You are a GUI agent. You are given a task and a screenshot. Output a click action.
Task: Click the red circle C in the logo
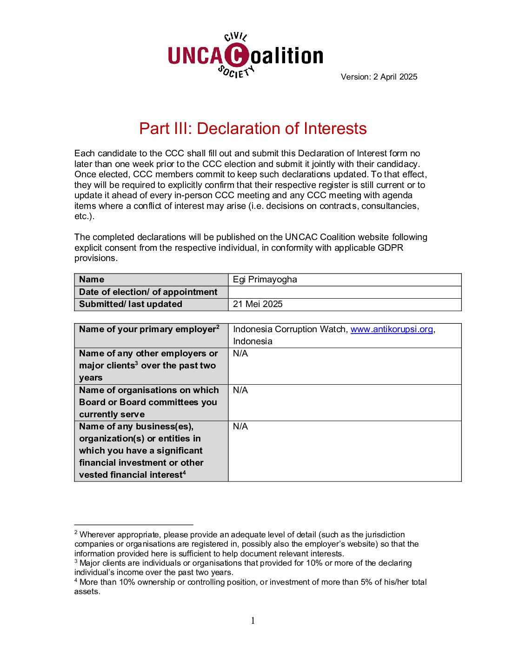coord(237,55)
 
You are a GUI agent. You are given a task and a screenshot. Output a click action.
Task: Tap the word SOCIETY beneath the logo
coord(236,72)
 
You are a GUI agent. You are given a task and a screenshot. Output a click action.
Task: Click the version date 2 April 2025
coord(395,77)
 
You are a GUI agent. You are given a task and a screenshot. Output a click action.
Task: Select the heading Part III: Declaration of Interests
coord(253,129)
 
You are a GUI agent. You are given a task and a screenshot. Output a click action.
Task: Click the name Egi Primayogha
coord(265,280)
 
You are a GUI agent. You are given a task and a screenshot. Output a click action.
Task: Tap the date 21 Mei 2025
coord(258,304)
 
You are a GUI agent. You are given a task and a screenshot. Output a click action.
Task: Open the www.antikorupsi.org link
coord(392,329)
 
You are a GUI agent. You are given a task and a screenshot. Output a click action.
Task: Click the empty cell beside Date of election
coord(344,292)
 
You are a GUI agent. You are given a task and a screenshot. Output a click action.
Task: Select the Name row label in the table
coord(92,280)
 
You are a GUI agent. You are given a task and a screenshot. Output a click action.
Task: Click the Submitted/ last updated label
coord(131,304)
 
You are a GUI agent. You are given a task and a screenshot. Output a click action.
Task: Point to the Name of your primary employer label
coord(147,329)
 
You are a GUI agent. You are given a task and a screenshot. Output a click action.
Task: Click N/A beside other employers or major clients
coord(240,354)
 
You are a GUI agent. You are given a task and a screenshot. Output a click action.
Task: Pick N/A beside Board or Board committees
coord(240,390)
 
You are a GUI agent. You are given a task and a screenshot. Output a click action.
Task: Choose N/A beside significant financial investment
coord(240,427)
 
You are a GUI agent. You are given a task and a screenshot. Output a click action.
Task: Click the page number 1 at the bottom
coord(253,621)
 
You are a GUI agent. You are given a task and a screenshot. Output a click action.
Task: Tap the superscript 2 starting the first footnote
coord(76,533)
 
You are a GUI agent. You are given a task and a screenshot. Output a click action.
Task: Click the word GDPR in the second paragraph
coord(390,247)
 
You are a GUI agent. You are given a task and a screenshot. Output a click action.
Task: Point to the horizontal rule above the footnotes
coord(133,525)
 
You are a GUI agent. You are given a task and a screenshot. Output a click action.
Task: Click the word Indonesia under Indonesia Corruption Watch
coord(253,341)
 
